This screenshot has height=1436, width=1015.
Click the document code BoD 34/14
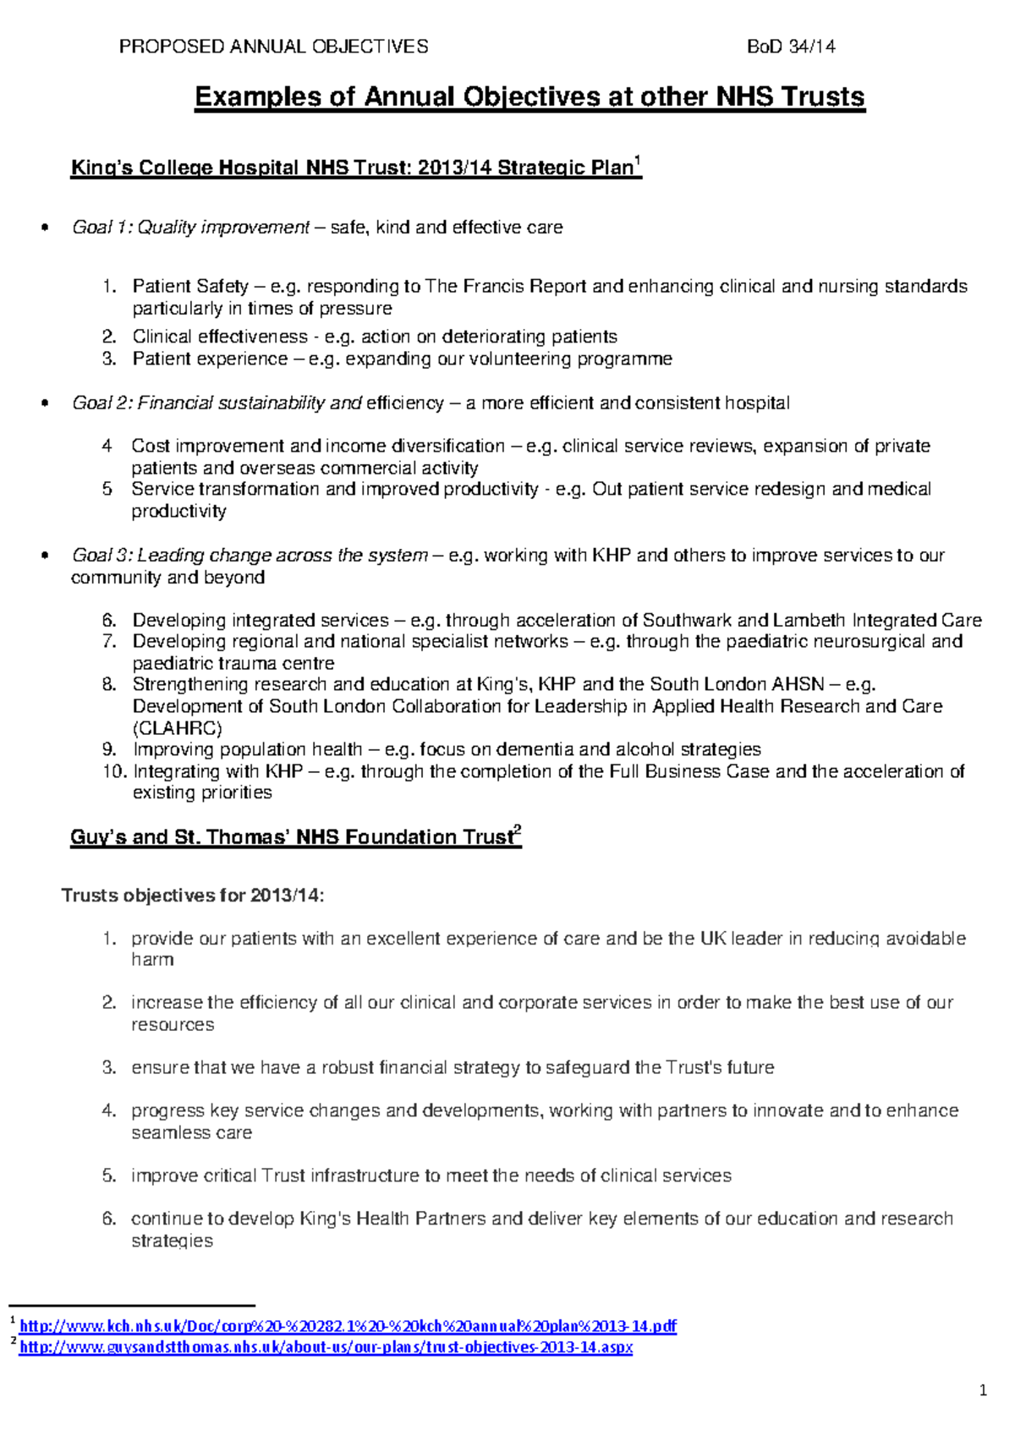pos(791,47)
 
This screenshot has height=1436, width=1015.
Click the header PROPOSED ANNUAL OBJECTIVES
pos(273,47)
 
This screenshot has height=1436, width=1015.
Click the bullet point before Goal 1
pos(45,227)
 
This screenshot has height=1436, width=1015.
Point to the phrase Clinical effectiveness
pos(220,337)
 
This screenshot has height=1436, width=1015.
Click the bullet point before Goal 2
pos(45,403)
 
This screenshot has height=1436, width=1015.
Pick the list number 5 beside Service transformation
pos(107,489)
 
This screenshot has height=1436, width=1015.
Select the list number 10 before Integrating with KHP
pos(114,771)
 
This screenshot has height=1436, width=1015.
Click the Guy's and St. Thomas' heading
pos(295,837)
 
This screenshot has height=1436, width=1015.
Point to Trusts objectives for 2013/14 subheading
pos(193,896)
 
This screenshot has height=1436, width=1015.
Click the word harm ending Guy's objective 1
pos(152,960)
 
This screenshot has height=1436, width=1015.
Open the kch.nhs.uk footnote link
pos(348,1326)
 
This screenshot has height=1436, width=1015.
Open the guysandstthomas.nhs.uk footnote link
pos(326,1347)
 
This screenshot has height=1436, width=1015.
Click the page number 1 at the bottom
pos(983,1390)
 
